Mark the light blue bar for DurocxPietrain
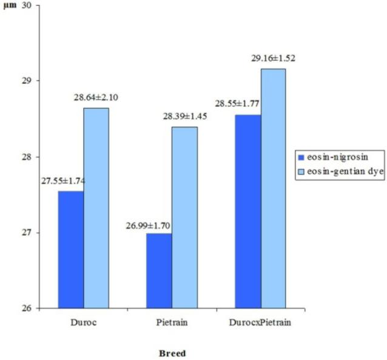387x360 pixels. pos(274,188)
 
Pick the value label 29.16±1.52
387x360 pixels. pos(275,59)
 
